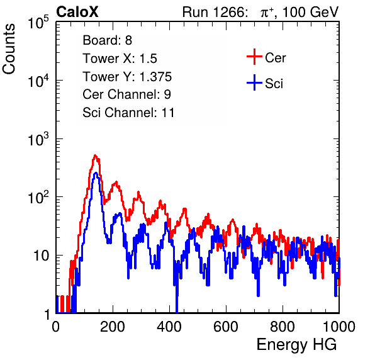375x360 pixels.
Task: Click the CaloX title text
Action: coord(77,12)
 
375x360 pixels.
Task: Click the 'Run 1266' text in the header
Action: coord(213,12)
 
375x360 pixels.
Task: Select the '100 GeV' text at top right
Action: coord(310,12)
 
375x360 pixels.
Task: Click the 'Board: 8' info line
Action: coord(107,40)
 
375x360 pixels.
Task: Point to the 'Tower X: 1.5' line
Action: coord(120,59)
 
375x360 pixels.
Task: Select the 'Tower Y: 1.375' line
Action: coord(127,77)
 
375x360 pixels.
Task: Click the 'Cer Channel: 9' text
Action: coord(126,94)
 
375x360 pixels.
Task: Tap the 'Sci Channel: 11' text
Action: coord(128,113)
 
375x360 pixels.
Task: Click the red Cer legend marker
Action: coord(254,57)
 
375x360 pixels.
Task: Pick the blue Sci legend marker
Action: coord(254,83)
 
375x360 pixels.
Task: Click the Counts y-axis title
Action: coord(9,49)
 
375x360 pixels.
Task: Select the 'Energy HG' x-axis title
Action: coord(296,345)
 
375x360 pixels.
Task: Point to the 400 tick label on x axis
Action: coord(169,327)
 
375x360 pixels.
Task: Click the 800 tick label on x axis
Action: coord(283,327)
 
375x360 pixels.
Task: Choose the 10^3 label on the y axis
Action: coord(38,139)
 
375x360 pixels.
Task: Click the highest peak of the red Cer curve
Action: coord(95,155)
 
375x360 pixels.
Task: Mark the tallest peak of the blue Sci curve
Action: coord(96,172)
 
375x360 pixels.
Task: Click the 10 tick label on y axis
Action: coord(41,256)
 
